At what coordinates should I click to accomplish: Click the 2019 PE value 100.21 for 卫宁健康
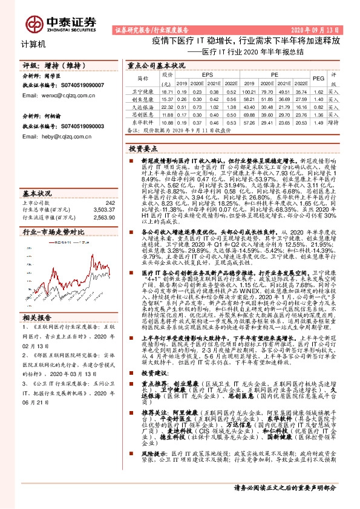(x=248, y=91)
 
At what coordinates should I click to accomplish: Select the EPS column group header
(x=200, y=74)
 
